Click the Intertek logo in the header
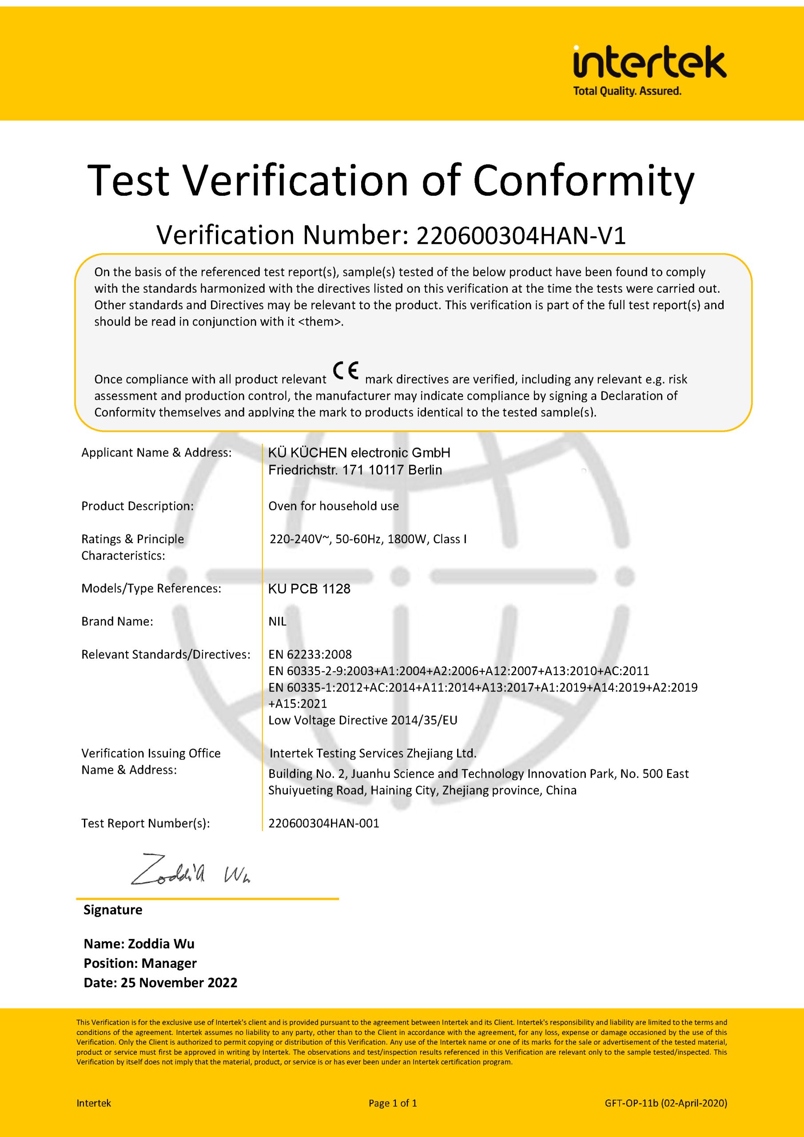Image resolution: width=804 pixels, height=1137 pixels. click(649, 63)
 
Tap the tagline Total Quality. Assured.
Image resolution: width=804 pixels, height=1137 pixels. click(627, 91)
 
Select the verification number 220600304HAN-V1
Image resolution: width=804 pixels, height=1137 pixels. click(521, 235)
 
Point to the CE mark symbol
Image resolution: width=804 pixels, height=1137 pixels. click(346, 370)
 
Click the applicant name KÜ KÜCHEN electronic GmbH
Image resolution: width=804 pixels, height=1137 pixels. click(359, 453)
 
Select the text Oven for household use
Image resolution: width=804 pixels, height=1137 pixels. click(334, 506)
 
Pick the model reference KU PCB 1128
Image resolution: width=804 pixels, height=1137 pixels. click(309, 589)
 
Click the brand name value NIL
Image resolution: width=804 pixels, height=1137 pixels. click(278, 621)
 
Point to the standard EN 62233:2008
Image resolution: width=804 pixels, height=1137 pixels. click(310, 654)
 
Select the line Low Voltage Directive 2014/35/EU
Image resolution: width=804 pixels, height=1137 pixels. click(362, 720)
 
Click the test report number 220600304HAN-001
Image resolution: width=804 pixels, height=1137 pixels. click(323, 823)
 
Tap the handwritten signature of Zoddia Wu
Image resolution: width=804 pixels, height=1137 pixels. click(190, 870)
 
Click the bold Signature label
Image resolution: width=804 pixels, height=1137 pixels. click(113, 910)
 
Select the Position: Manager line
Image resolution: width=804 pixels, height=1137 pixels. click(140, 963)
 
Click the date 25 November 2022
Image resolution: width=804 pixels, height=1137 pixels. click(179, 982)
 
